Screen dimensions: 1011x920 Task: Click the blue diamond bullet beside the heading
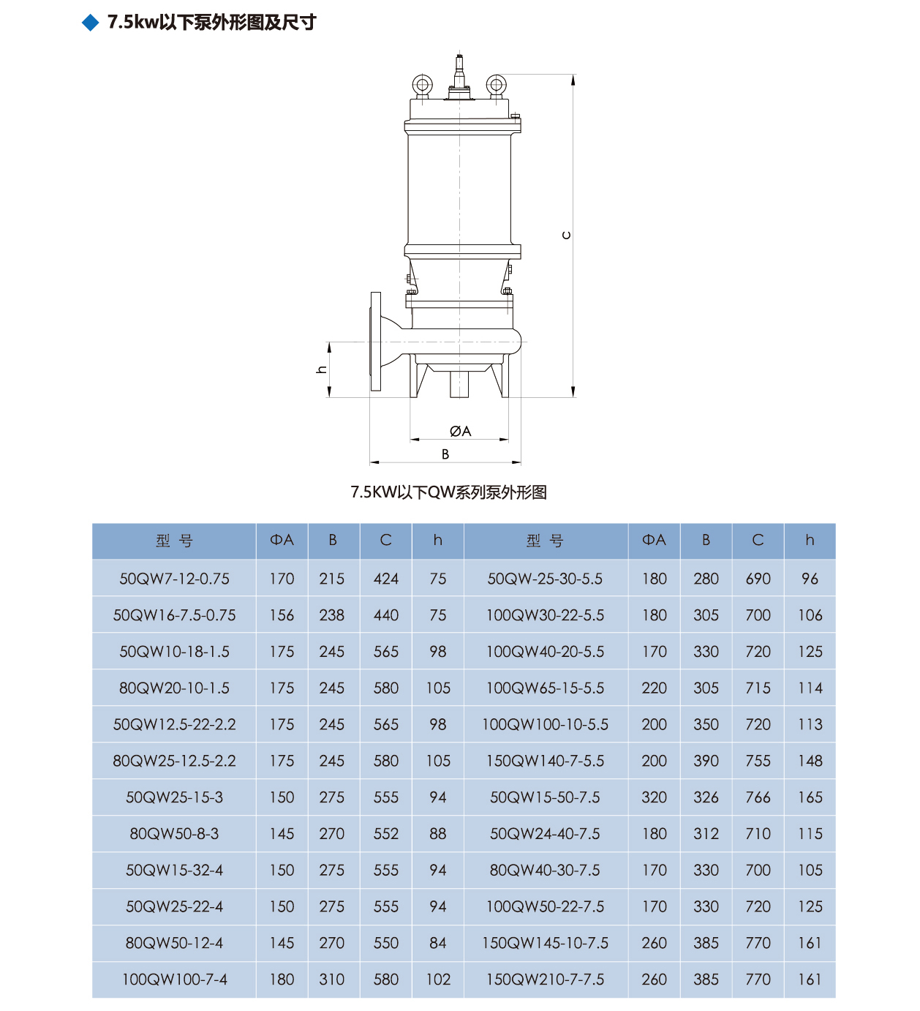[91, 23]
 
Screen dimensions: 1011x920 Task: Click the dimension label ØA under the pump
[461, 432]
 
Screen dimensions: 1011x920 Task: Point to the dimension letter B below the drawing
[445, 454]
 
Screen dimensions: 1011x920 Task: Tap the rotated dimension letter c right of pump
[566, 236]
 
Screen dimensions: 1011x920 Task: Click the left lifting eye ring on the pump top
[422, 85]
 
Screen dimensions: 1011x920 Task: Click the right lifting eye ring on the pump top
[496, 85]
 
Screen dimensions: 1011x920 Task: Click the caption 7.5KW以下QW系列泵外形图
[448, 492]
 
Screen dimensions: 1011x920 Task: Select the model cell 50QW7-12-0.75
[174, 579]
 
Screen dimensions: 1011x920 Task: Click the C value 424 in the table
[385, 579]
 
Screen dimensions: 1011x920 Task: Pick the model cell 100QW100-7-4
[174, 980]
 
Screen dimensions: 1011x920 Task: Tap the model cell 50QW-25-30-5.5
[545, 579]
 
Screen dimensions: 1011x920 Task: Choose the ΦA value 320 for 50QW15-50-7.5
[654, 797]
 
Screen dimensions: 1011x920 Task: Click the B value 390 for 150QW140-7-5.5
[706, 761]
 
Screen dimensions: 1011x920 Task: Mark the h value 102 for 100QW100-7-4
[438, 980]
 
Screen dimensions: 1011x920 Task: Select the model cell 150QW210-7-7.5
[545, 980]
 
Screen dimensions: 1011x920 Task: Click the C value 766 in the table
[758, 797]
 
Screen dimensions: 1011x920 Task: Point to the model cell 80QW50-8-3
[174, 834]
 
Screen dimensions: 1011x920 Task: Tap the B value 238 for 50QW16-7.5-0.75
[332, 615]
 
